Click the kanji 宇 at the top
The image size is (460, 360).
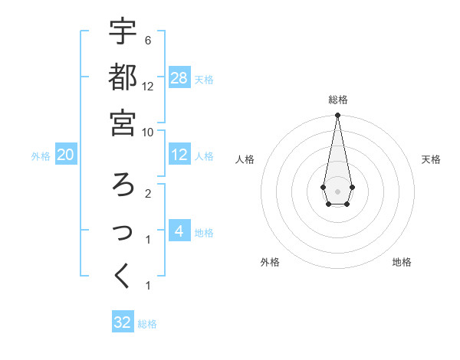click(123, 31)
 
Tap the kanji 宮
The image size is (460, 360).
click(123, 123)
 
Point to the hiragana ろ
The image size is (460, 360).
click(123, 184)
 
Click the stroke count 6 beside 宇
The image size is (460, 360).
click(147, 40)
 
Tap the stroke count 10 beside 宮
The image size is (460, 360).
click(149, 132)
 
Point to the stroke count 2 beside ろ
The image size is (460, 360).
click(147, 193)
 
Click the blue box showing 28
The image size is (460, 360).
click(179, 77)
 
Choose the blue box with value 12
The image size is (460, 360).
click(179, 155)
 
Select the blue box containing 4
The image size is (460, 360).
click(179, 231)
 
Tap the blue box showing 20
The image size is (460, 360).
click(66, 155)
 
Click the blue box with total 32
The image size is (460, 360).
click(123, 322)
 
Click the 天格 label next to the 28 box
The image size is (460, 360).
click(204, 80)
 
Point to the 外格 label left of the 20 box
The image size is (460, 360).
click(41, 156)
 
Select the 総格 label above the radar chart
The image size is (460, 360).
click(337, 100)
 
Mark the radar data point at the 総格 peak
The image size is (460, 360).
click(337, 116)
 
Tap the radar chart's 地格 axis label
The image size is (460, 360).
click(402, 262)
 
